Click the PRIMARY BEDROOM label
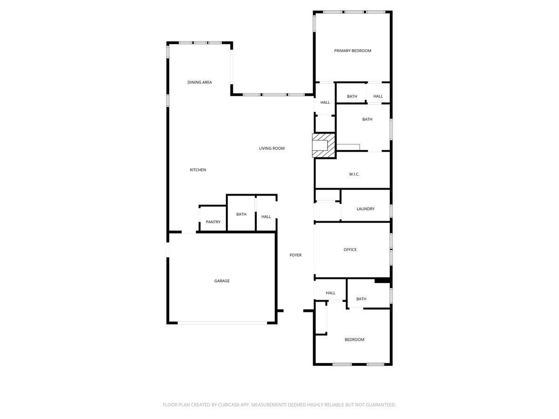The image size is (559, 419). coord(353,51)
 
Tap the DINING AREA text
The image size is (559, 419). coord(200,82)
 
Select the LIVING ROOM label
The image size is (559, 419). coord(272,149)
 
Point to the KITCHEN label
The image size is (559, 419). coord(198,170)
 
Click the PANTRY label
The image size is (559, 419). coord(213,222)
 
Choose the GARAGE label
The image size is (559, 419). coord(222,281)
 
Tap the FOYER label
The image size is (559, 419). coord(295,255)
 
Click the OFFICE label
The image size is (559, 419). coord(350,250)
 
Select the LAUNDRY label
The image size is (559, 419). coord(366,209)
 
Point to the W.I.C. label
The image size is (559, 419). coord(354,174)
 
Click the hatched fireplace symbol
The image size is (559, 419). coord(324,146)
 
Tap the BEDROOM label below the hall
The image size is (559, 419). coord(354,340)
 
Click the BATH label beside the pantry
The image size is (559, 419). coord(241,215)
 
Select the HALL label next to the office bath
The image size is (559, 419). coord(331,293)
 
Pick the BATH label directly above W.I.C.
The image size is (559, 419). coord(367,119)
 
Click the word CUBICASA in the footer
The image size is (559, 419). coord(229,405)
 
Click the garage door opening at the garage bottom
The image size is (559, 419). coord(222,323)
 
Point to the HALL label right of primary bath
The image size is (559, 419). coord(378,96)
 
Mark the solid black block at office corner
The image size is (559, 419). coord(382,280)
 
